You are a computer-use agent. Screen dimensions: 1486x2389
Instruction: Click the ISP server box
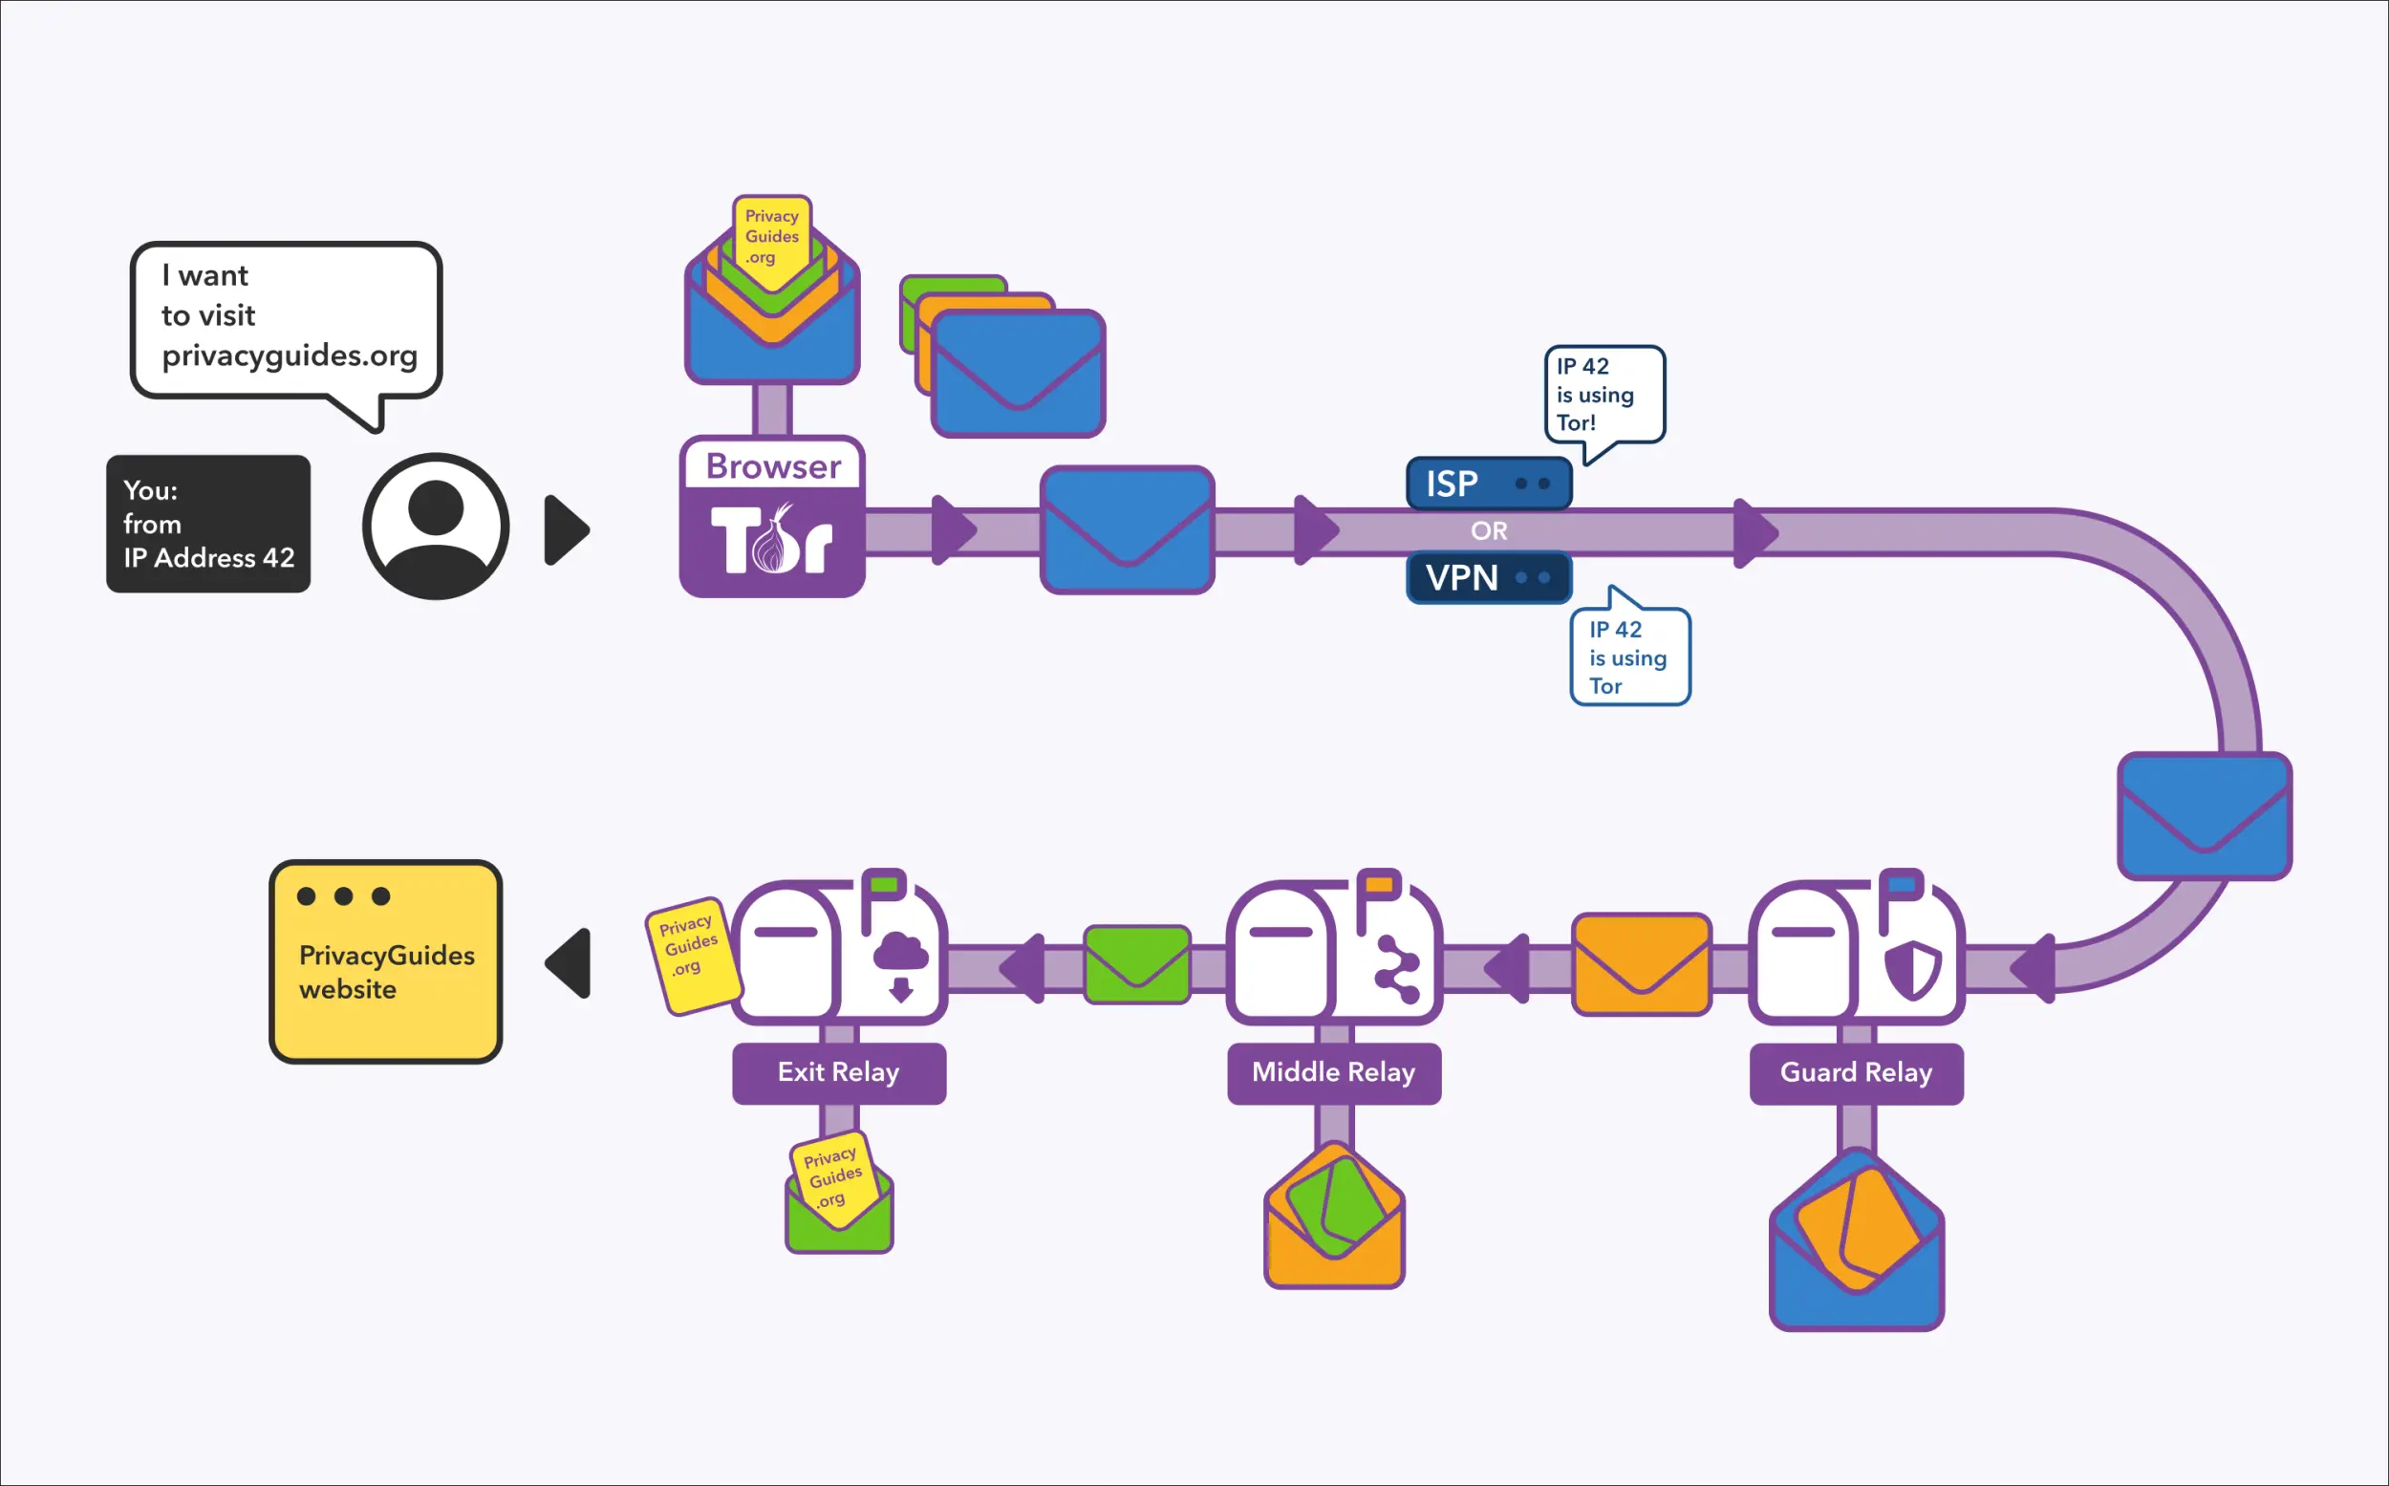pos(1488,484)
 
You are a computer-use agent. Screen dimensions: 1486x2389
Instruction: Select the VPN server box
pos(1488,578)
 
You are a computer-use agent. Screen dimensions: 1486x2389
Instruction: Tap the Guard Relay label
pos(1856,1072)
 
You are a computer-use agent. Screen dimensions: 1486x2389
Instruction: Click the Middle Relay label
pos(1334,1072)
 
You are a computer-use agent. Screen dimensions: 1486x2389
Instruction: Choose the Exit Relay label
pos(838,1072)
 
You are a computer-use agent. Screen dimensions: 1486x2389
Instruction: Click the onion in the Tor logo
pos(772,543)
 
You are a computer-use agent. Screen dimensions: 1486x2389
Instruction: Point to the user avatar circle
pos(436,526)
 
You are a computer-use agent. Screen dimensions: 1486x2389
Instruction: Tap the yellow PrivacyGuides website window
pos(385,961)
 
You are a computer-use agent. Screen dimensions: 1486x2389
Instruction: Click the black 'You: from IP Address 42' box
pos(208,524)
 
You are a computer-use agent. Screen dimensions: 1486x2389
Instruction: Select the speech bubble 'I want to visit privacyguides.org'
pos(286,319)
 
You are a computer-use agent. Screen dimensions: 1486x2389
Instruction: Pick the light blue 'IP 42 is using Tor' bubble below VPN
pos(1629,657)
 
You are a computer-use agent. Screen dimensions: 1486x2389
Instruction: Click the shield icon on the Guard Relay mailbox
pos(1912,970)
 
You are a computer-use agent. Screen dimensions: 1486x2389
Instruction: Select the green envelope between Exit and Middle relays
pos(1137,965)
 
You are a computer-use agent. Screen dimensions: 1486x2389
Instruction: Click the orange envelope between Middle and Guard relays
pos(1640,964)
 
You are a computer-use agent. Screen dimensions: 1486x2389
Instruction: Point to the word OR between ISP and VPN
pos(1488,530)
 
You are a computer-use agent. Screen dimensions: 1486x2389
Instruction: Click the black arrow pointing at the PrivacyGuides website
pos(570,963)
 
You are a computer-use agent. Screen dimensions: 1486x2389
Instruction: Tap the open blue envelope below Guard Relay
pos(1856,1268)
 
